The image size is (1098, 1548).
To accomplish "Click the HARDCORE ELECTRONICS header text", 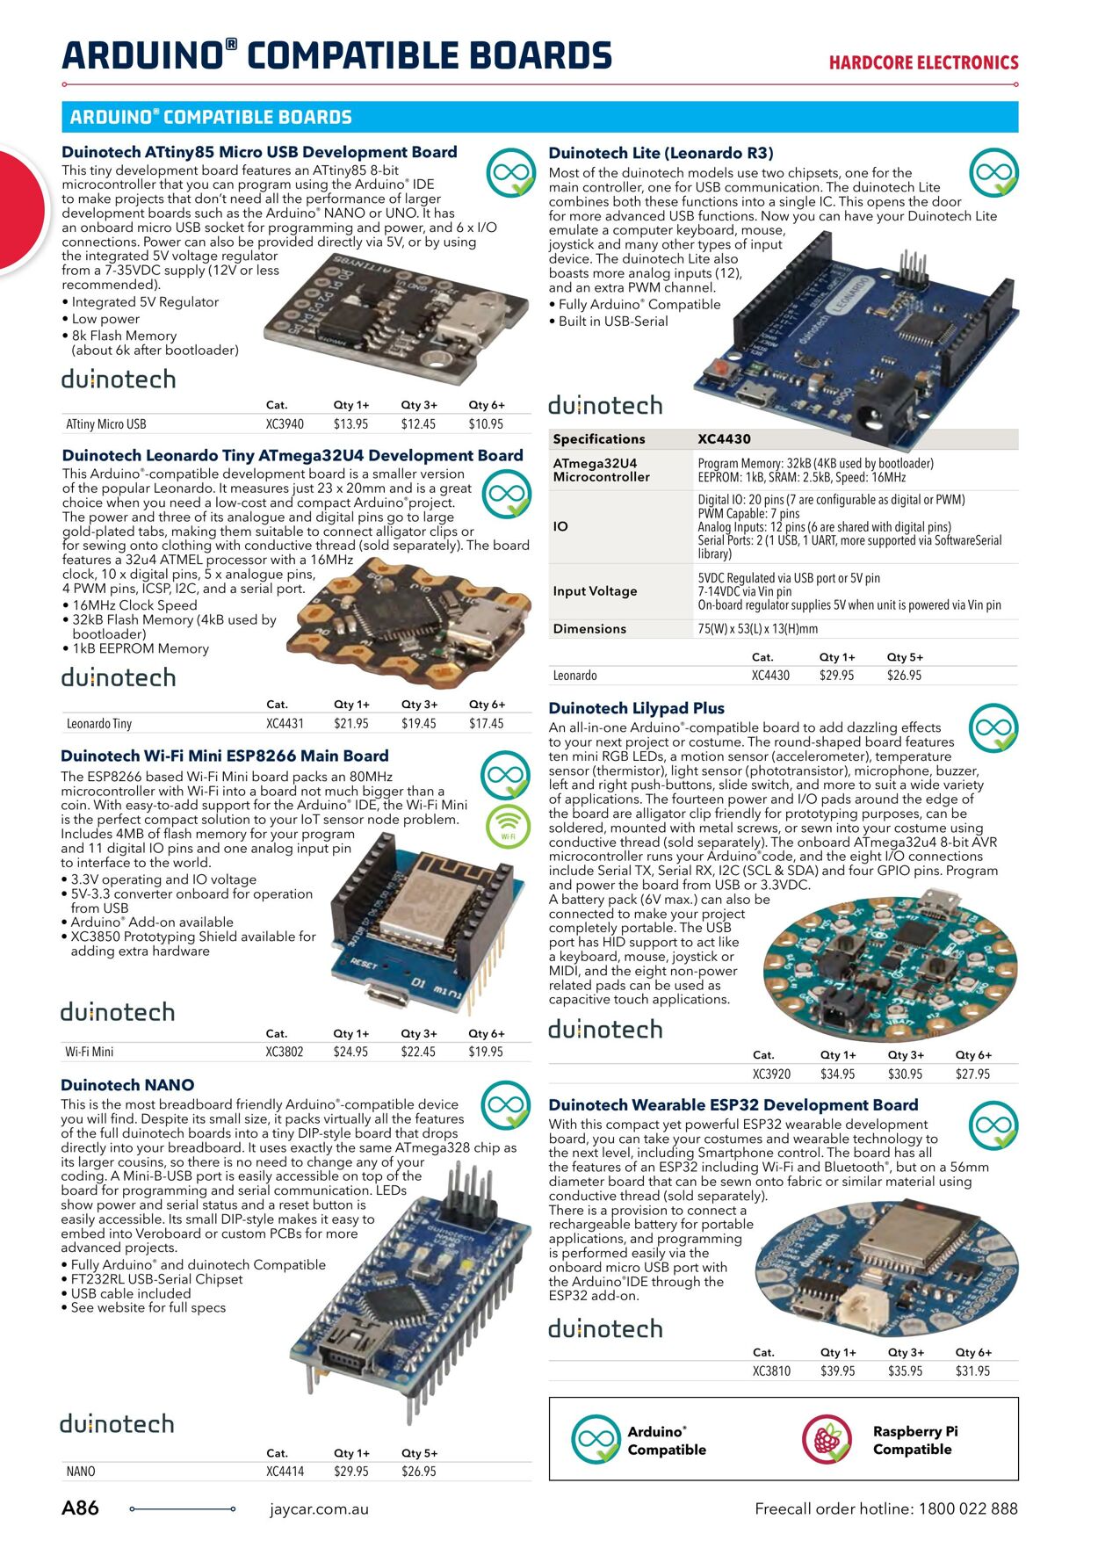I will [923, 63].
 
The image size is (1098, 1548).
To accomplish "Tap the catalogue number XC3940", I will [285, 424].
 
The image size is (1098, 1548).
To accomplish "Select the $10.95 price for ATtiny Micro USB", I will [486, 424].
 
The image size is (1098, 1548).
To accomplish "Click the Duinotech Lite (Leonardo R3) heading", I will [661, 153].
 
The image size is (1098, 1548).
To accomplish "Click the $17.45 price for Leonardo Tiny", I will [486, 724].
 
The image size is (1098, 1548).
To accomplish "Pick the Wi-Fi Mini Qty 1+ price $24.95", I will [350, 1052].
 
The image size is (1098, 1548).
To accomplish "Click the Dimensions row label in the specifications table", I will [589, 629].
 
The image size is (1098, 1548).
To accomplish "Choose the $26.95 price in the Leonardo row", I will [904, 676].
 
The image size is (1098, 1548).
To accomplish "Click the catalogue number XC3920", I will [771, 1074].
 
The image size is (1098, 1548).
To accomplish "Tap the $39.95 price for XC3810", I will [837, 1371].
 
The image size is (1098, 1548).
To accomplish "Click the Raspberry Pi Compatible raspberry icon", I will [827, 1440].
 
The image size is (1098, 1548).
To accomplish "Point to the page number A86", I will [80, 1508].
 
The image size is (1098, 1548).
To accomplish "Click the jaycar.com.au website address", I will [319, 1509].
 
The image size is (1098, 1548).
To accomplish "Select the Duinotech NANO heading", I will [127, 1085].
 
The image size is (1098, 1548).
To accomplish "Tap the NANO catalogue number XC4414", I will [285, 1471].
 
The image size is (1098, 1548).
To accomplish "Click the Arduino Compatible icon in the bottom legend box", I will [596, 1440].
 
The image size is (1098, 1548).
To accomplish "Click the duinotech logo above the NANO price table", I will [117, 1423].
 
